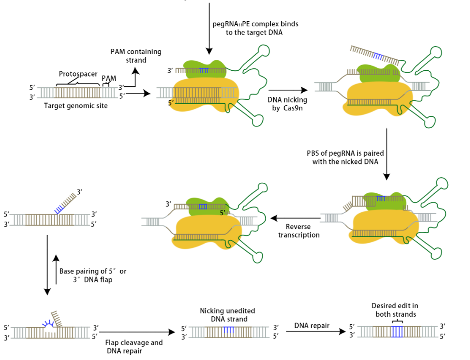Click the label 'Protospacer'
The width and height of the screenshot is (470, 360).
coord(78,74)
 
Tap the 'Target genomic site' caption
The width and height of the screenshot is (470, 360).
coord(76,105)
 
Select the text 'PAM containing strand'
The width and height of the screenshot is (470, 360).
coord(136,56)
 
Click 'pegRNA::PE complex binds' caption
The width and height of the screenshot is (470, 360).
coord(255,23)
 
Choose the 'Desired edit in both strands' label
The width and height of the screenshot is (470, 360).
coord(394,310)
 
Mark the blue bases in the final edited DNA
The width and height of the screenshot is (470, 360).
coord(397,332)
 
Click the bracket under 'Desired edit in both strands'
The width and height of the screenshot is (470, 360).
coord(397,322)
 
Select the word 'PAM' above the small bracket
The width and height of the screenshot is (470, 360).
coord(109,78)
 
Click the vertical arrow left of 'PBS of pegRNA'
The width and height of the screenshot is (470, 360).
coord(386,154)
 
